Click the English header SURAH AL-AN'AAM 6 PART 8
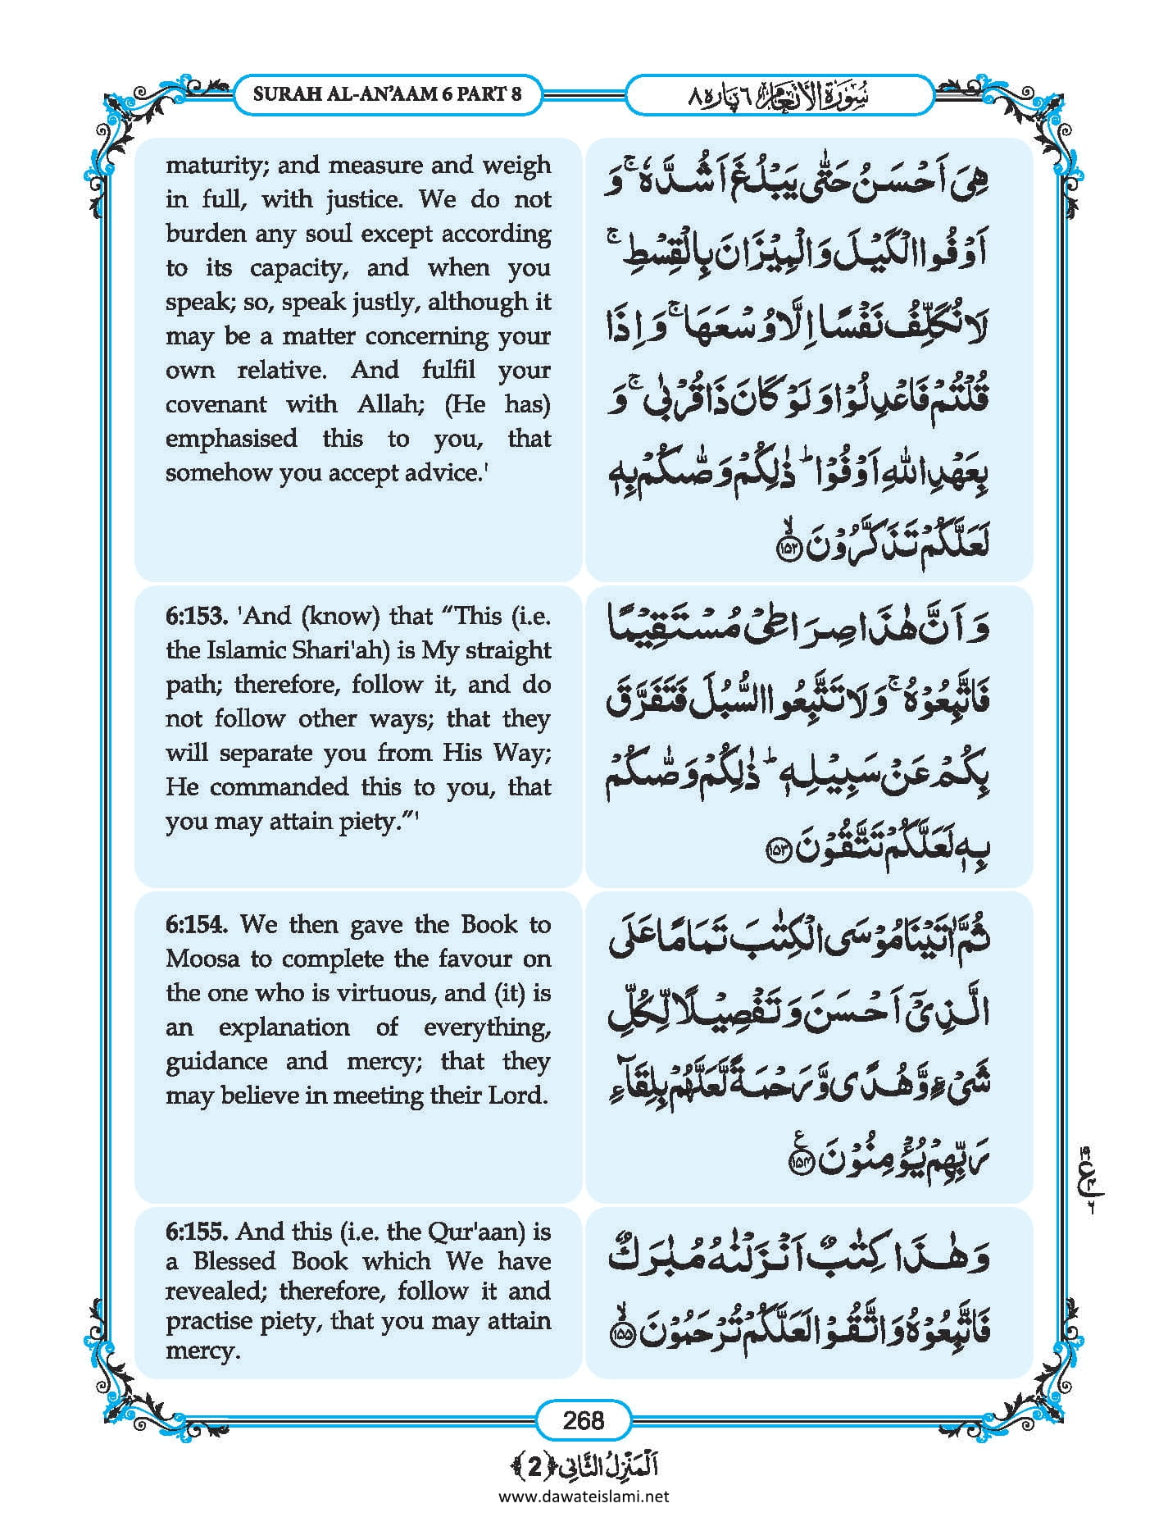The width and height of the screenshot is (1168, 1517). tap(387, 93)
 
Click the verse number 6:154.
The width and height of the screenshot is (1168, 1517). tap(197, 924)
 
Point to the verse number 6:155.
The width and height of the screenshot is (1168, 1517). tap(197, 1232)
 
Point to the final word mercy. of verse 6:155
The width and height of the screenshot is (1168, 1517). tap(202, 1351)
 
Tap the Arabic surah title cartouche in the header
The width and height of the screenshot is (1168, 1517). tap(779, 94)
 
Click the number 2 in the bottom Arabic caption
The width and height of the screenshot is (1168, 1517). tap(534, 1465)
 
